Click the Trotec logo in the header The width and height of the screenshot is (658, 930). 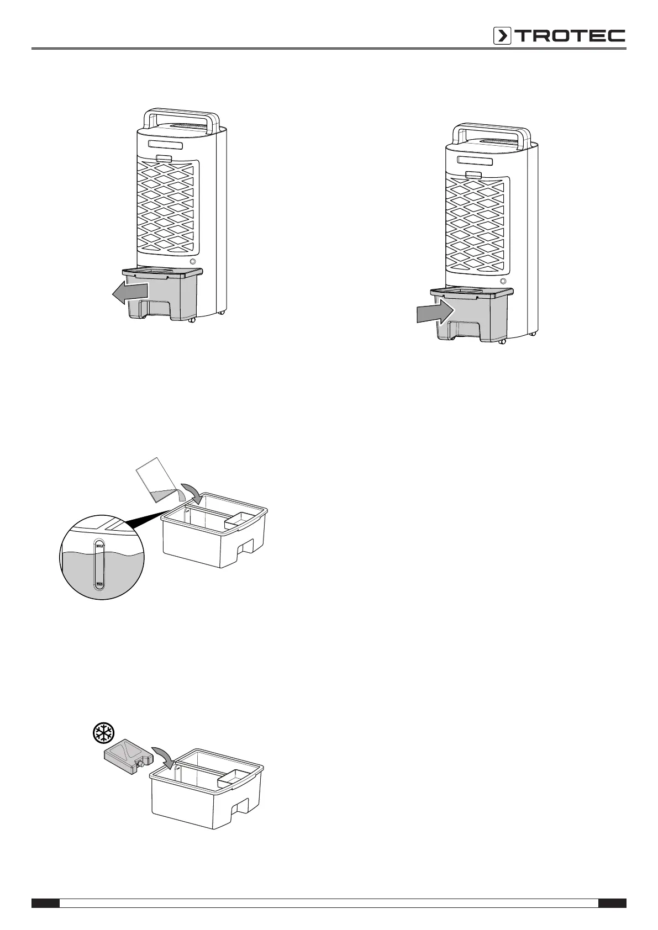pyautogui.click(x=559, y=36)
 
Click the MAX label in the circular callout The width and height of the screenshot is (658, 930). pyautogui.click(x=100, y=546)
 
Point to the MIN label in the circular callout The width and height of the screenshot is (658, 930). pyautogui.click(x=99, y=583)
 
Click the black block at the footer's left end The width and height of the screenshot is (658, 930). pyautogui.click(x=45, y=903)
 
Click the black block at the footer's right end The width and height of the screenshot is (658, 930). pyautogui.click(x=612, y=903)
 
